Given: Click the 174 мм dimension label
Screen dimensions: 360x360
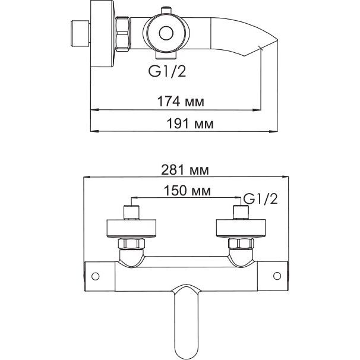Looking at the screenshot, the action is (181, 102).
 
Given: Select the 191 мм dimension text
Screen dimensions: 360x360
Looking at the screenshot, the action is (190, 124).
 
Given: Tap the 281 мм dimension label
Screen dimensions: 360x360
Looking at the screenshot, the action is (185, 170).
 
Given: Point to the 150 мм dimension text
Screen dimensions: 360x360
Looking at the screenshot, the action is (187, 191).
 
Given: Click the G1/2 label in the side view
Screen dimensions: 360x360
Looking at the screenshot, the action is (167, 71).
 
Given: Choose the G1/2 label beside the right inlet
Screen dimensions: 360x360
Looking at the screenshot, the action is (260, 199).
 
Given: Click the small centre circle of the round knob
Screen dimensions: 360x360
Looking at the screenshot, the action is (166, 33).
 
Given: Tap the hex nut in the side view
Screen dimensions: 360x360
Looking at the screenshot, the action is (122, 34).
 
